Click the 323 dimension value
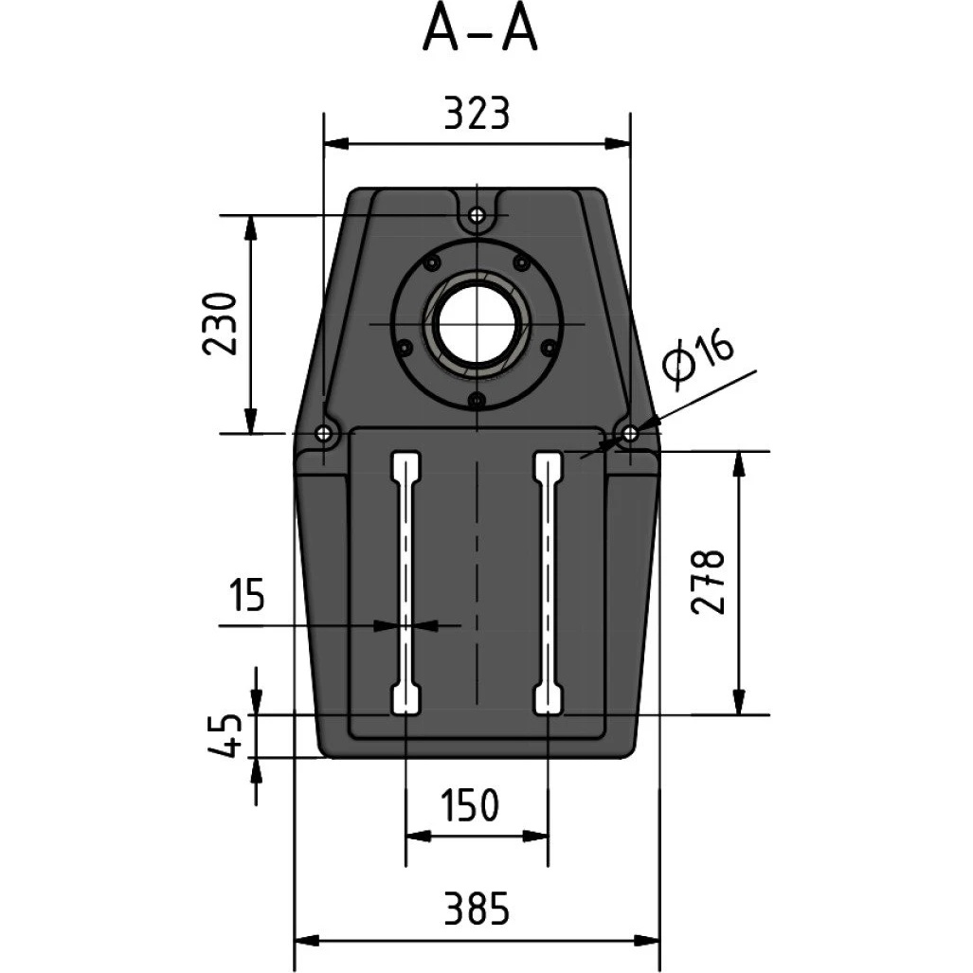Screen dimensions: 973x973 pos(477,114)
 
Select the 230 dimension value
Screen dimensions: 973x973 pos(221,323)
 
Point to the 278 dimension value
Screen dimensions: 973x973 pos(708,582)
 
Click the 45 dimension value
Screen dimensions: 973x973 pos(224,735)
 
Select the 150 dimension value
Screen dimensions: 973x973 pos(470,805)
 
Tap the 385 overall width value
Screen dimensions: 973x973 pos(477,909)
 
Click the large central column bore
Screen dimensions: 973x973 pos(476,324)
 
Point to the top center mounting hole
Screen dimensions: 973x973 pos(476,215)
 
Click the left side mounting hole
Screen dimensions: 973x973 pos(323,433)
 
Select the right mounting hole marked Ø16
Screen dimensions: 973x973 pos(630,433)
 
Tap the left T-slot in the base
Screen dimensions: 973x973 pos(405,583)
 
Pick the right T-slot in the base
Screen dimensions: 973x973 pos(549,583)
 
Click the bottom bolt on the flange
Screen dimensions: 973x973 pos(476,400)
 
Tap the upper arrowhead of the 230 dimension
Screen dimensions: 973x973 pos(250,227)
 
